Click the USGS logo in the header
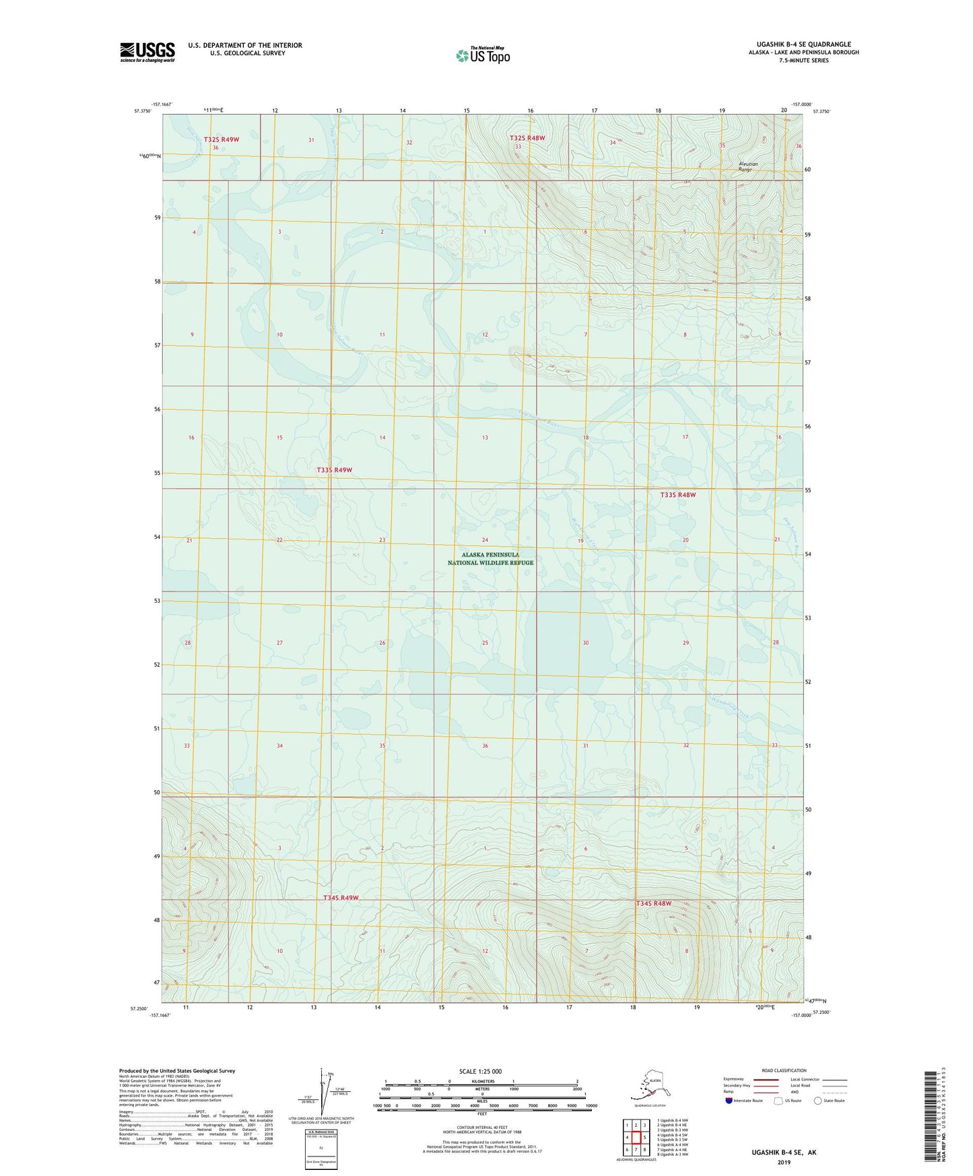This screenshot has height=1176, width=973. click(x=147, y=52)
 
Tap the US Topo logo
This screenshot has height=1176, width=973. click(x=482, y=55)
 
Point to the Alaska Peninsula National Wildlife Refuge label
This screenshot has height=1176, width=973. click(x=490, y=558)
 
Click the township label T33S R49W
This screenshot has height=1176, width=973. click(x=334, y=469)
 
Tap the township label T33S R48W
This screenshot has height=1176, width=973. click(x=677, y=494)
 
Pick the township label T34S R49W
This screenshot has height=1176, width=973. click(x=341, y=898)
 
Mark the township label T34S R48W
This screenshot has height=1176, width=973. click(x=654, y=903)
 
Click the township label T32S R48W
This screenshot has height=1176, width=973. click(x=527, y=138)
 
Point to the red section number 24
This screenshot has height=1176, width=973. click(x=485, y=540)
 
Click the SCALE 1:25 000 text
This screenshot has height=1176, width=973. click(x=481, y=1072)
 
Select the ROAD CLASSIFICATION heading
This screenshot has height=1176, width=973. click(x=784, y=1070)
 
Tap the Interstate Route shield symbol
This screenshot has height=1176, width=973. click(x=729, y=1101)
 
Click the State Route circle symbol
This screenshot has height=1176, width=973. click(x=818, y=1101)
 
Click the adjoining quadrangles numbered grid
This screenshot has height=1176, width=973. click(x=636, y=1136)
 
